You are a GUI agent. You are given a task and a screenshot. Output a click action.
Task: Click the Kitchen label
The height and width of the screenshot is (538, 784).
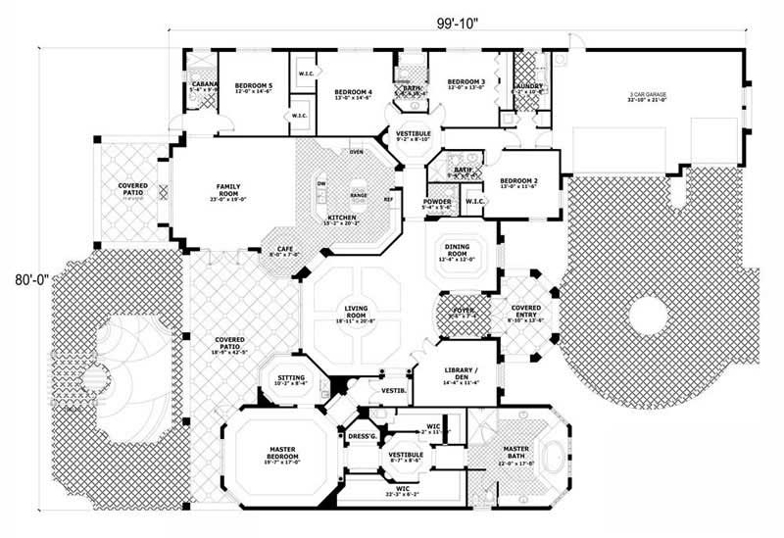(341, 217)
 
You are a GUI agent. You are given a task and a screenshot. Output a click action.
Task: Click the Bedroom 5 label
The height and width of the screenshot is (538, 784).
(254, 87)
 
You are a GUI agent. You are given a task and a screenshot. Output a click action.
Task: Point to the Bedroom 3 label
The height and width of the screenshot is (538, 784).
(465, 82)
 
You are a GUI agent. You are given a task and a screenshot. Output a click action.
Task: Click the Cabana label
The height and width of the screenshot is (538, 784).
(204, 86)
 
